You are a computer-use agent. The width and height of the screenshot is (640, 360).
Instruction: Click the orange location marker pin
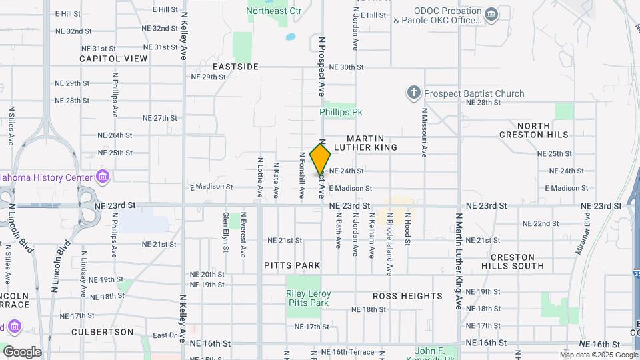[x=321, y=160]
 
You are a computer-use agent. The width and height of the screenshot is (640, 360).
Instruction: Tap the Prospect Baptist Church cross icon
[x=413, y=93]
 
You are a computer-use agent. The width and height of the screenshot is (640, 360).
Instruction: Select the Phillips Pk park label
[x=338, y=112]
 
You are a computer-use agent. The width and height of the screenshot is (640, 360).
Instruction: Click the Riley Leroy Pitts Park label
[x=308, y=298]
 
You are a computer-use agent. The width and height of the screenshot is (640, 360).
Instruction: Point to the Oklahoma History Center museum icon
[x=103, y=177]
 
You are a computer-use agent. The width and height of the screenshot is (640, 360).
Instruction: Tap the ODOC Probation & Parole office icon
[x=491, y=15]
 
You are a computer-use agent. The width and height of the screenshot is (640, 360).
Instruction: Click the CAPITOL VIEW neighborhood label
[x=113, y=59]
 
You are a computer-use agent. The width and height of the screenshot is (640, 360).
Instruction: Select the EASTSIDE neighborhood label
[x=235, y=67]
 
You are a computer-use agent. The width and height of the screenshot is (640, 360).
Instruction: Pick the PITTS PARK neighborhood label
[x=293, y=265]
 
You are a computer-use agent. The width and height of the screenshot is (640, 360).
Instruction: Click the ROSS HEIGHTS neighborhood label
[x=407, y=295]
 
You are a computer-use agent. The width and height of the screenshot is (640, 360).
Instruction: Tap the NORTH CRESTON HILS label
[x=534, y=130]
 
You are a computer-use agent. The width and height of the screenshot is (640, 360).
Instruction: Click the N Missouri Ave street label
[x=423, y=133]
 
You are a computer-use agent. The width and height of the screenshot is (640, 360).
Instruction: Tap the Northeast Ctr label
[x=274, y=11]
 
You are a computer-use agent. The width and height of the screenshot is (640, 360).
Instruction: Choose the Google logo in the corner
[x=22, y=351]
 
